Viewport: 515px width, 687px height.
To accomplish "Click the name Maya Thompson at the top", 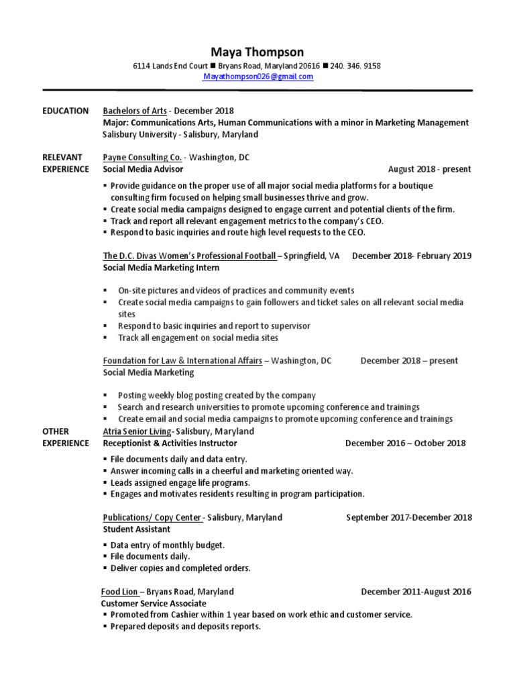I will click(257, 52).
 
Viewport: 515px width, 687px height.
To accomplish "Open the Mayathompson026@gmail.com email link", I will click(258, 77).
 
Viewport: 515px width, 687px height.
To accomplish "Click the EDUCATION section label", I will click(65, 111).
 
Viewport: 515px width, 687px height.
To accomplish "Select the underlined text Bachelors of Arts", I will click(134, 111).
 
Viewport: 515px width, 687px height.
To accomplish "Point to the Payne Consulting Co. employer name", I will click(142, 157).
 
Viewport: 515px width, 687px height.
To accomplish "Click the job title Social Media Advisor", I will click(143, 169).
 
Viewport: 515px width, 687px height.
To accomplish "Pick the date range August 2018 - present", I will click(429, 169).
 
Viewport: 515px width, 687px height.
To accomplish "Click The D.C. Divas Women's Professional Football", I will click(189, 256).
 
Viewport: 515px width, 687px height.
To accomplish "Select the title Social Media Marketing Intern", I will click(161, 268).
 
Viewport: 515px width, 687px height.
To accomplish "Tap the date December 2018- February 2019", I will click(411, 256).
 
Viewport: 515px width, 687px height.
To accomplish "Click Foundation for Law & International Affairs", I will click(182, 360).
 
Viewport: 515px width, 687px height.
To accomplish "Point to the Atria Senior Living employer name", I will click(137, 431).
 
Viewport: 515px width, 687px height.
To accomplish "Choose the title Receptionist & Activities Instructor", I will click(170, 443).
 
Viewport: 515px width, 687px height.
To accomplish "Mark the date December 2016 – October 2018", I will click(405, 443).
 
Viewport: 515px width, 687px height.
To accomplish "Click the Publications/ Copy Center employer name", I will click(152, 517).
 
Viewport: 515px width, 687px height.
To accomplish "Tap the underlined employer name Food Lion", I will click(119, 592).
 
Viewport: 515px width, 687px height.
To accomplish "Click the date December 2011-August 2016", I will click(416, 592).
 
